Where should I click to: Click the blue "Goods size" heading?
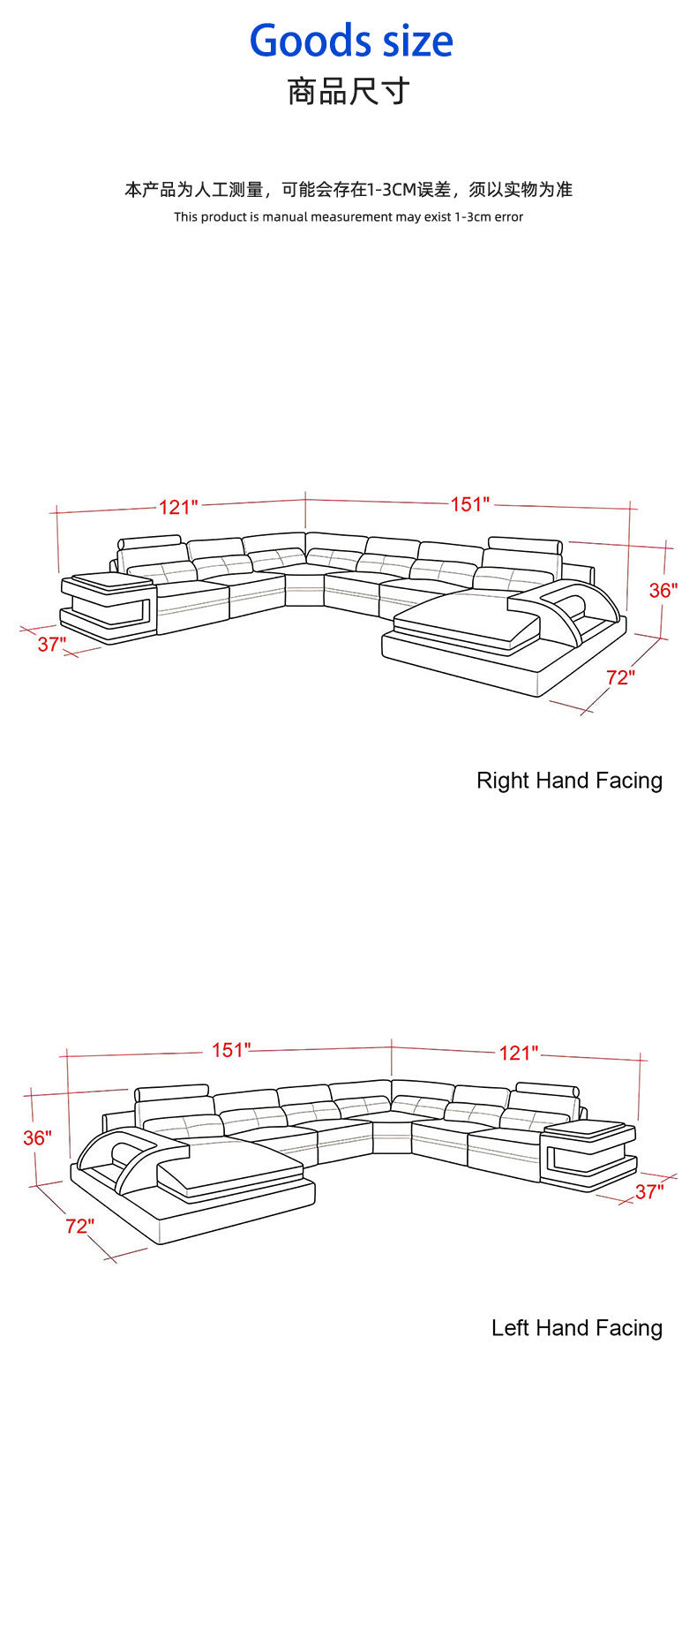tap(351, 42)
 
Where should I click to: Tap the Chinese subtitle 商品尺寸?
tap(348, 91)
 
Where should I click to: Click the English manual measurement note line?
tap(348, 216)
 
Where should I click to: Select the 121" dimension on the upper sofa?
tap(178, 507)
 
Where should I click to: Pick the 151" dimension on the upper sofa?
tap(470, 504)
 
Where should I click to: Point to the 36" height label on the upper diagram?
tap(663, 591)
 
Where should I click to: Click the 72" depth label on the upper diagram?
tap(620, 677)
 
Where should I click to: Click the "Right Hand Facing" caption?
tap(569, 781)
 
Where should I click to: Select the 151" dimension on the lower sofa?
tap(231, 1050)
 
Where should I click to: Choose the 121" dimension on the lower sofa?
tap(519, 1053)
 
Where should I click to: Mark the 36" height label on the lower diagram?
tap(38, 1137)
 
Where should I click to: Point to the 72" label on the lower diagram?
tap(79, 1226)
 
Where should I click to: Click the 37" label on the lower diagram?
tap(649, 1192)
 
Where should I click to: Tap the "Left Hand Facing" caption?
tap(577, 1328)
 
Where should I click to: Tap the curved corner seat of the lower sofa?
tap(392, 1135)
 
